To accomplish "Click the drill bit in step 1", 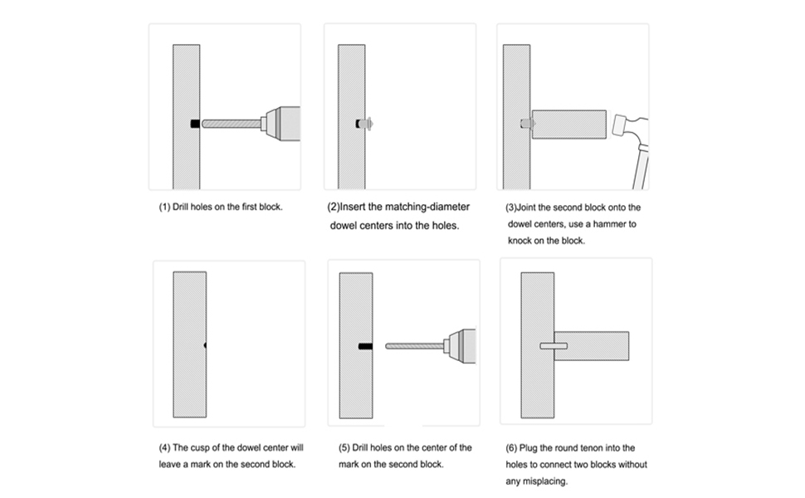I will coord(231,124).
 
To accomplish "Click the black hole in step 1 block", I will coord(194,124).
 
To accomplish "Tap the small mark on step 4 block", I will coord(205,344).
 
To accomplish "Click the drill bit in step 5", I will coord(414,345).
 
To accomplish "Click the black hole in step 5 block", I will coord(365,345).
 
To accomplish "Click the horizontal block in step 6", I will coord(593,345).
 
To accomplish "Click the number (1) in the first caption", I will coord(164,207).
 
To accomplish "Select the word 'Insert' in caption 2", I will coord(356,207).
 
